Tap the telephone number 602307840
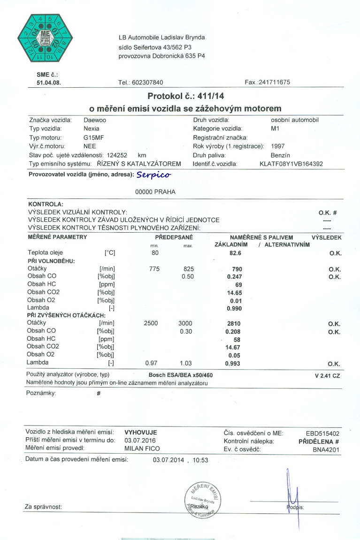point(147,82)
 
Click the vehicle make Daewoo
point(94,120)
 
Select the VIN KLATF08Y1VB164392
point(291,164)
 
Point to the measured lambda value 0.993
point(233,364)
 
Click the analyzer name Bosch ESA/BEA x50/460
point(180,375)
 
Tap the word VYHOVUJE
point(141,433)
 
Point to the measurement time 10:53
point(199,460)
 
